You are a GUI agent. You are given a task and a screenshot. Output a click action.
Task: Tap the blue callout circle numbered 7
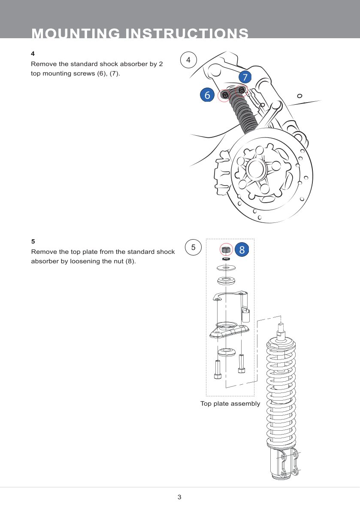[245, 77]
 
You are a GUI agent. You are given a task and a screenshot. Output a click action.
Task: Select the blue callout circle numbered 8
[242, 249]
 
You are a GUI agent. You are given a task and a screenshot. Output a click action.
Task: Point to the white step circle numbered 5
[193, 247]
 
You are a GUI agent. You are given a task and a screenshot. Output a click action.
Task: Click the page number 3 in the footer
[179, 497]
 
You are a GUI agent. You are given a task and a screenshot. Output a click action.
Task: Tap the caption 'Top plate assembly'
[230, 404]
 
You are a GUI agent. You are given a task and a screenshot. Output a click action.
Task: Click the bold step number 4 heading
[33, 54]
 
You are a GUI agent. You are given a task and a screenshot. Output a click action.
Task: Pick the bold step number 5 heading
[33, 241]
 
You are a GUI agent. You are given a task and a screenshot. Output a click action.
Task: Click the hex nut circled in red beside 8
[226, 249]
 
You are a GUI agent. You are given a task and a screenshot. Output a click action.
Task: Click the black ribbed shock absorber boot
[243, 113]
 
